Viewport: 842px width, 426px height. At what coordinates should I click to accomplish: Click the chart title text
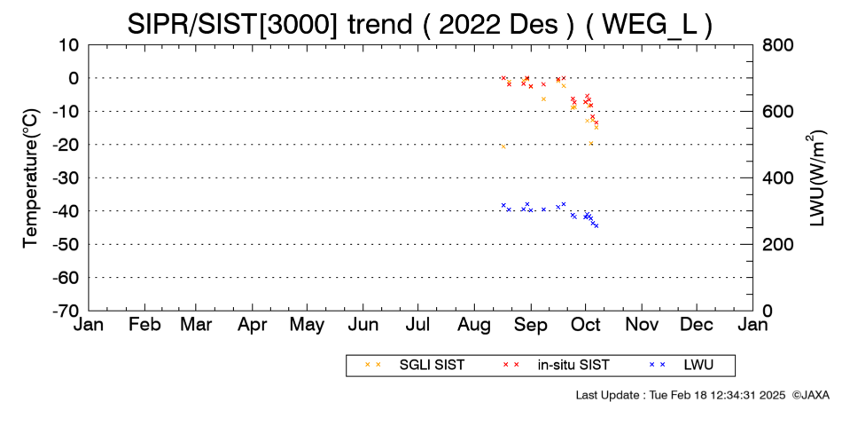(x=420, y=24)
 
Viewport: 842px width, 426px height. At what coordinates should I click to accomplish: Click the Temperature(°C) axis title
(x=31, y=178)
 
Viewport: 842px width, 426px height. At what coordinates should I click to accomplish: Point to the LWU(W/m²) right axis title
(x=816, y=178)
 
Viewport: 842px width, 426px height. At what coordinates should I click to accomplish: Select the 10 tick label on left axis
(x=68, y=45)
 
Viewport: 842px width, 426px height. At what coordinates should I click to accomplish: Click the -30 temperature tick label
(x=66, y=178)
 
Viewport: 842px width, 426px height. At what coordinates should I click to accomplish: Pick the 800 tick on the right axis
(x=777, y=45)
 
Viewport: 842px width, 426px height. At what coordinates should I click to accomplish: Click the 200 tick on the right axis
(x=777, y=244)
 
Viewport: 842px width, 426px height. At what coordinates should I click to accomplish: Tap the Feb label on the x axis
(x=144, y=325)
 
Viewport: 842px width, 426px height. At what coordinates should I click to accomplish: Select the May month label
(x=308, y=325)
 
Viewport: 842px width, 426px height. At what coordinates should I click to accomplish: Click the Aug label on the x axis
(x=474, y=325)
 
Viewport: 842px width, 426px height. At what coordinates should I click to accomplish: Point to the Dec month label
(x=697, y=325)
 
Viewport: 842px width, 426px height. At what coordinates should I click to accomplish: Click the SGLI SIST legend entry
(x=415, y=365)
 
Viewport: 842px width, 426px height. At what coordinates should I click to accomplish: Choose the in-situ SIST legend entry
(x=556, y=365)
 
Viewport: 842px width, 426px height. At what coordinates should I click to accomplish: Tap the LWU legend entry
(x=681, y=365)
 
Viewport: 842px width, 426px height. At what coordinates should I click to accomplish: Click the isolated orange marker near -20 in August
(x=503, y=146)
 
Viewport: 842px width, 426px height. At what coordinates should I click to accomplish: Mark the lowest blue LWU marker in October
(x=596, y=226)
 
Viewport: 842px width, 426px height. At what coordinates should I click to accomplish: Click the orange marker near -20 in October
(x=590, y=143)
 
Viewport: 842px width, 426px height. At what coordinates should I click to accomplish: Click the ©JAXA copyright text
(x=810, y=395)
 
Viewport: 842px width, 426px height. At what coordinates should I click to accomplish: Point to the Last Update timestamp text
(x=681, y=395)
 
